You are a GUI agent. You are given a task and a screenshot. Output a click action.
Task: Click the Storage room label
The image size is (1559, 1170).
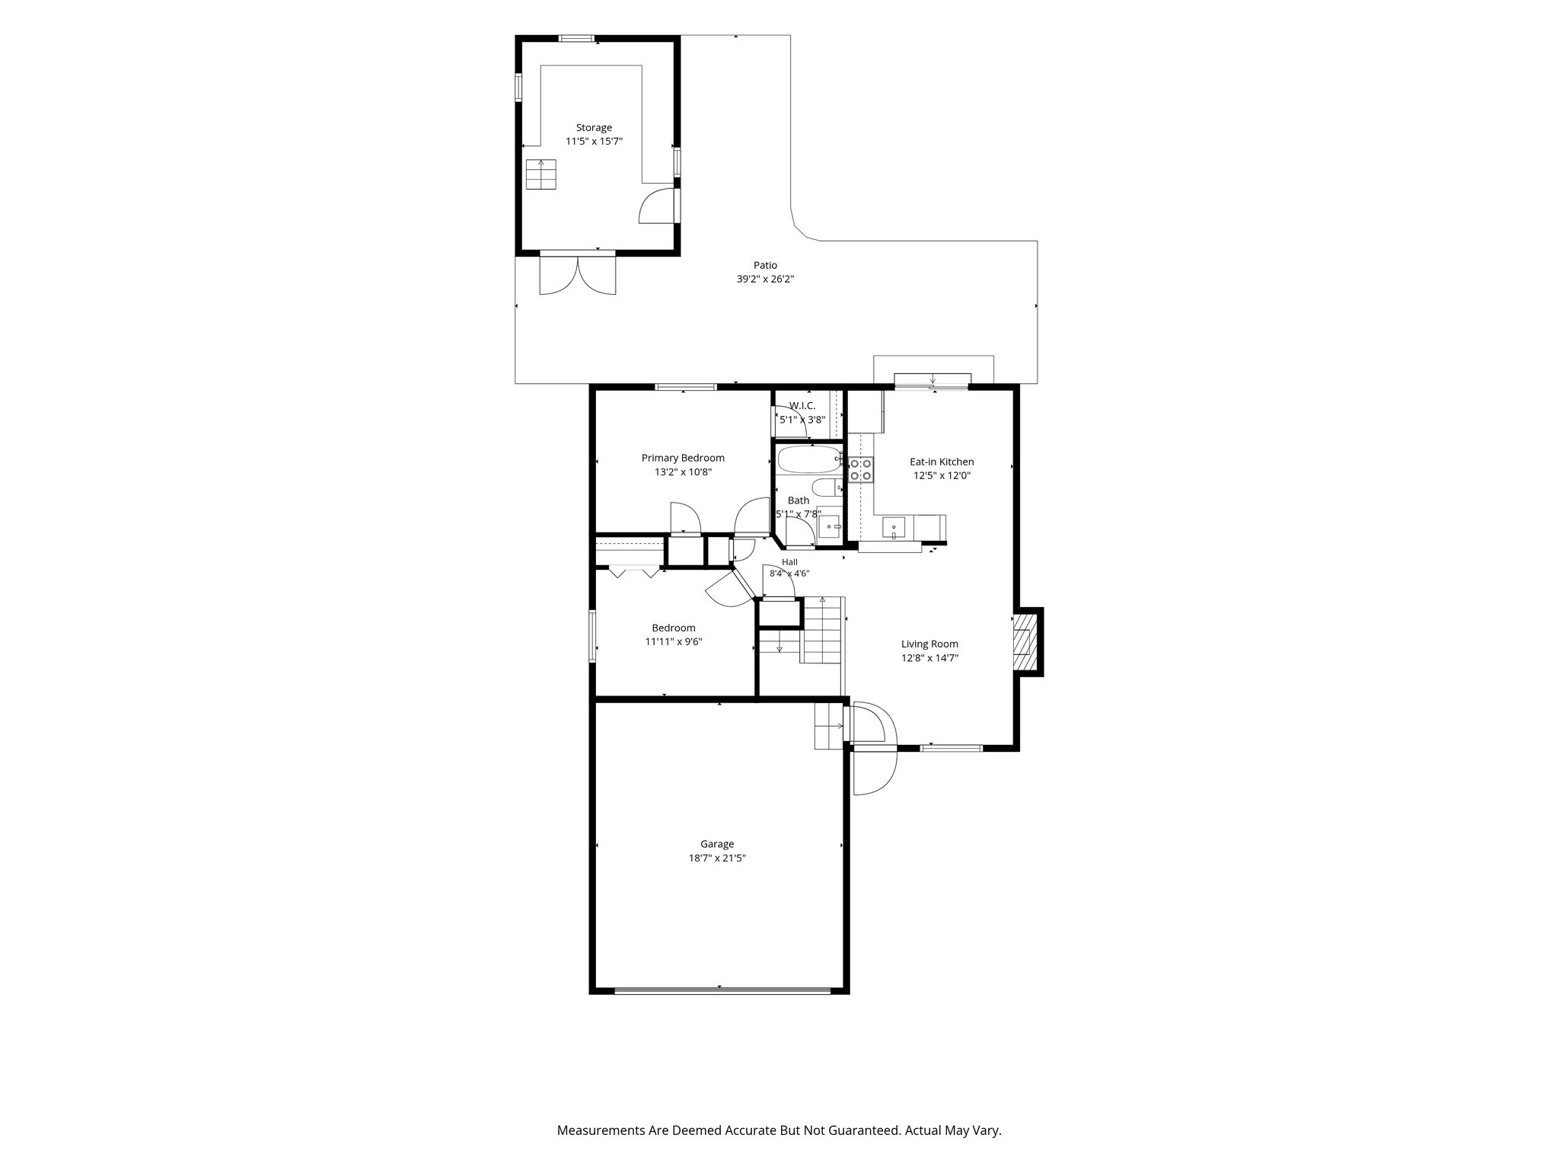coord(594,128)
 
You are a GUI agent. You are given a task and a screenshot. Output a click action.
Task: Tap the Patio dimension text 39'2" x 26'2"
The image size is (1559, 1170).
coord(766,279)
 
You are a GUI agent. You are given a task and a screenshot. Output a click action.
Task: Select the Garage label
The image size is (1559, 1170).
coord(717,844)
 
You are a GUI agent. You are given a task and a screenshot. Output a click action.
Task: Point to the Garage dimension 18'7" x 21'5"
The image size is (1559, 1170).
coord(717,858)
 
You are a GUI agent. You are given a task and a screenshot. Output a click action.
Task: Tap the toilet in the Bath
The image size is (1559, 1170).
coord(826,487)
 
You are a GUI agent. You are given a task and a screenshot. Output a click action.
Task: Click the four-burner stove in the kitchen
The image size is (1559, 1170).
coord(860,468)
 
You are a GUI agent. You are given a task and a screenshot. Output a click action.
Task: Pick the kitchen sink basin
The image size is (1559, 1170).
coord(893,526)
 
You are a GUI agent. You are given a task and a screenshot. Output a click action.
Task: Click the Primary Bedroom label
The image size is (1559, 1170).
coord(683,458)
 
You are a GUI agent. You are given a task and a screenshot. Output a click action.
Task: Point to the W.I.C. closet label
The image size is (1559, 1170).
coord(802,406)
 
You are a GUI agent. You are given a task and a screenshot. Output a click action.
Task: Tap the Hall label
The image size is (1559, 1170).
coord(789,562)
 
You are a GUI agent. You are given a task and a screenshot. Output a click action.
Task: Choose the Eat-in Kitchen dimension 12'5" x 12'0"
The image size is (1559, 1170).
coord(942,475)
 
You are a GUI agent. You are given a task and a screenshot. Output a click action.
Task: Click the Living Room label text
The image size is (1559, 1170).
coord(929,644)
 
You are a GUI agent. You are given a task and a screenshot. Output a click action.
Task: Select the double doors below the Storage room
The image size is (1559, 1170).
coord(577,275)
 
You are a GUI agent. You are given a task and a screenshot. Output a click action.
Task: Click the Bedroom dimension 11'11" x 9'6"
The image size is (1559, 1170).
coord(674,641)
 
